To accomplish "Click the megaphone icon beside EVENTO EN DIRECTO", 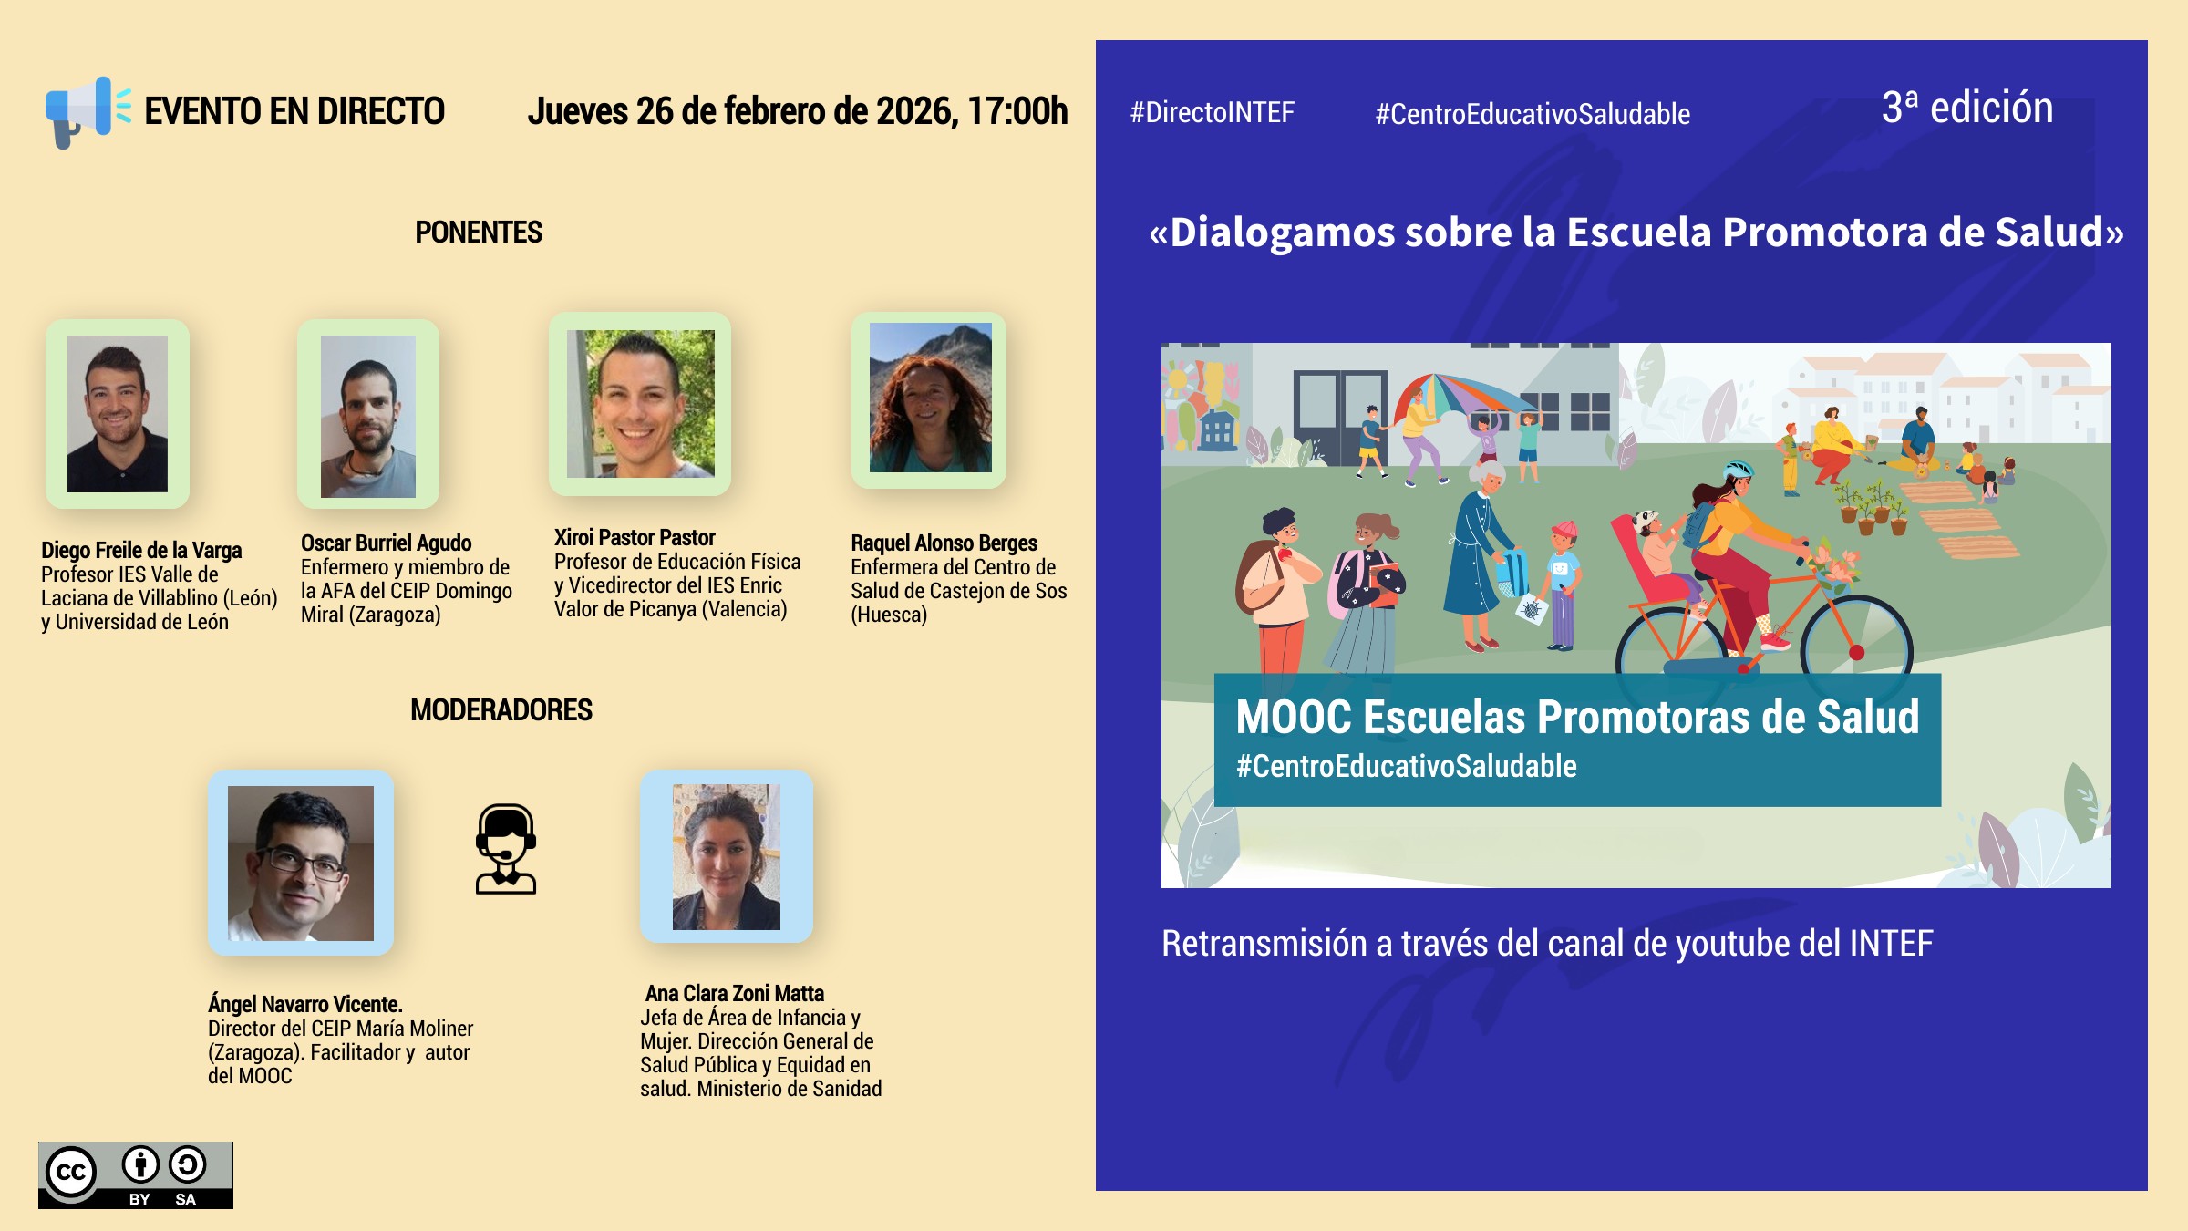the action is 88,112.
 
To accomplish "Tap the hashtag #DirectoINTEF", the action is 1212,113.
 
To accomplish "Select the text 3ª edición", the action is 1967,108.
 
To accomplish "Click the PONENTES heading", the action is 479,233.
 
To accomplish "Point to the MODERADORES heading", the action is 501,709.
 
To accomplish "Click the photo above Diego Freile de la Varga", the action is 118,414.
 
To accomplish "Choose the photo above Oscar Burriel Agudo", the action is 368,417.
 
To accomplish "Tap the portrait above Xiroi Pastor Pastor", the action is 640,404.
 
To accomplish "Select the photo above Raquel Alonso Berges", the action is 930,398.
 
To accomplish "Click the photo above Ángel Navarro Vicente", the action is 301,863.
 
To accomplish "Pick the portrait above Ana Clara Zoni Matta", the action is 727,857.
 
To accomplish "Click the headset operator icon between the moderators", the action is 506,848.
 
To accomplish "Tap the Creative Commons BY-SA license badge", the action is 136,1175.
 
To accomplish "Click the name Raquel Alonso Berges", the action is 944,543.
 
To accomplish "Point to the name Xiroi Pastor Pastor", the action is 635,537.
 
